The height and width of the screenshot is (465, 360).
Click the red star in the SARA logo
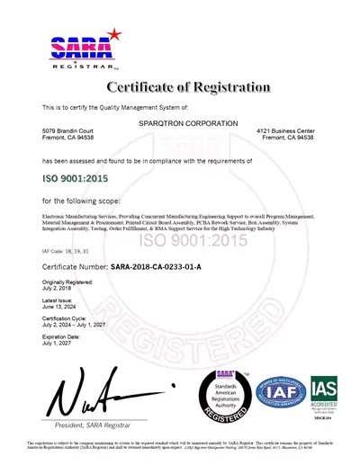113,33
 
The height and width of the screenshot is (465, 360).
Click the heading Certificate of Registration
188,88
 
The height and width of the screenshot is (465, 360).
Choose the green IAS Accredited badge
324,389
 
